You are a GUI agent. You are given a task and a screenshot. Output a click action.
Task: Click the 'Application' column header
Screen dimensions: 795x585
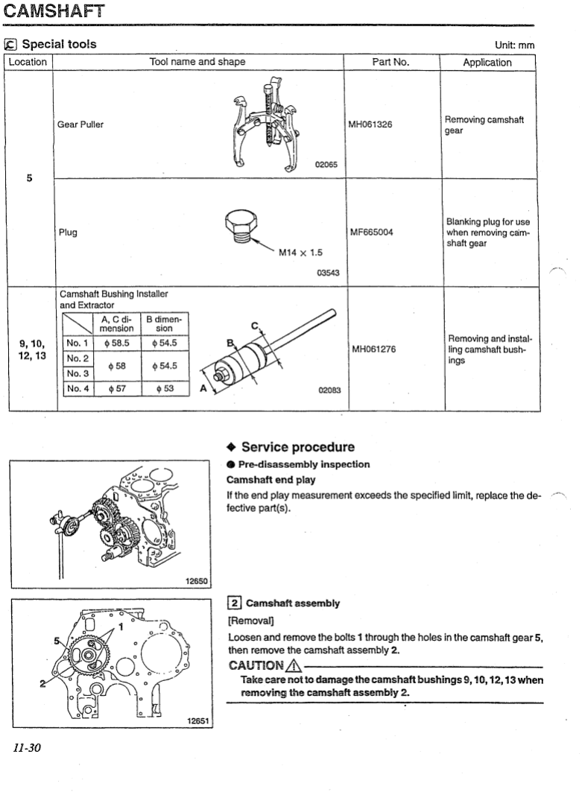[487, 63]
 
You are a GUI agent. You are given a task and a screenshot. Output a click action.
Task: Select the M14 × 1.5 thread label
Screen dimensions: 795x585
[300, 252]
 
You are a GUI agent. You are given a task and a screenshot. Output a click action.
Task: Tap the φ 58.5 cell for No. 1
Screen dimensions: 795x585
[116, 343]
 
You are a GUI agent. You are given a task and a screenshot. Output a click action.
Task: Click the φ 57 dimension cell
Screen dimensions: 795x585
[116, 388]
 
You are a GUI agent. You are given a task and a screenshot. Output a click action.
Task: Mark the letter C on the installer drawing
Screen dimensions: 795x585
[255, 325]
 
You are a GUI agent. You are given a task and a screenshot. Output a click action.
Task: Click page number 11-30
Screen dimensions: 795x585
[25, 747]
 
